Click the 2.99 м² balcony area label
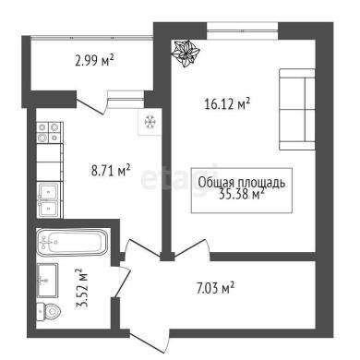click(94, 60)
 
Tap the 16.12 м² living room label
click(227, 103)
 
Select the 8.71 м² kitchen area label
click(111, 170)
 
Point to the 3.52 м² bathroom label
click(82, 288)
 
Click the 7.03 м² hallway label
click(216, 288)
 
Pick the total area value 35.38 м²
click(242, 194)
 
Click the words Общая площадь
click(242, 183)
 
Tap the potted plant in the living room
click(186, 54)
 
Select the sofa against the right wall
click(297, 109)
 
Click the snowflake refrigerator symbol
click(150, 122)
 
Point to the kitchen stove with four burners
click(49, 132)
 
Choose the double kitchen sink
click(48, 200)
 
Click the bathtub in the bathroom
click(72, 242)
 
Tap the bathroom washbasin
click(47, 280)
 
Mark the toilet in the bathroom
click(49, 312)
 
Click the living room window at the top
click(243, 30)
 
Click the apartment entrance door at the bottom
click(150, 342)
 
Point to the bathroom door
click(121, 282)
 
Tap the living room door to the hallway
click(191, 247)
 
